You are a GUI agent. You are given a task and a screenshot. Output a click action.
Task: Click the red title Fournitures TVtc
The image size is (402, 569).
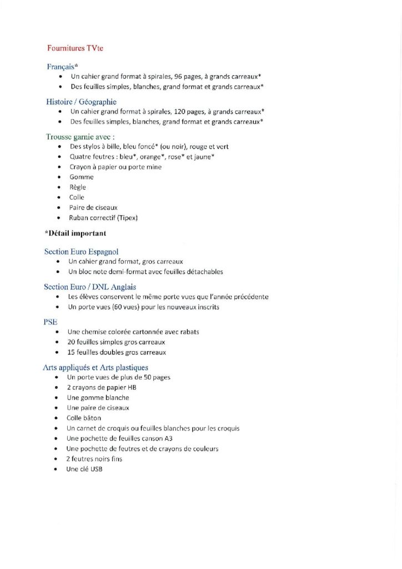pyautogui.click(x=75, y=48)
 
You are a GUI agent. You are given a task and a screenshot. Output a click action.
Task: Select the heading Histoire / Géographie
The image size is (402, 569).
pyautogui.click(x=81, y=102)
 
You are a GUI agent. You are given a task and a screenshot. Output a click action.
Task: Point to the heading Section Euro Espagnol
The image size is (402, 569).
pyautogui.click(x=81, y=252)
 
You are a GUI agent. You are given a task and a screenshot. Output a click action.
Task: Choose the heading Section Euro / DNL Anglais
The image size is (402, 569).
pyautogui.click(x=90, y=287)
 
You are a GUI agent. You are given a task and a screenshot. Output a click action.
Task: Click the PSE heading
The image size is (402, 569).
pyautogui.click(x=50, y=322)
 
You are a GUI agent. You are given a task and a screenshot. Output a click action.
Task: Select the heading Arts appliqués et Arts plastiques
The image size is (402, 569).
pyautogui.click(x=96, y=367)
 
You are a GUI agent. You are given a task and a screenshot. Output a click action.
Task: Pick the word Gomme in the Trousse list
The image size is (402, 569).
pyautogui.click(x=82, y=177)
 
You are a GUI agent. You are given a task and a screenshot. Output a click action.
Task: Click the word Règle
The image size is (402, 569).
pyautogui.click(x=78, y=187)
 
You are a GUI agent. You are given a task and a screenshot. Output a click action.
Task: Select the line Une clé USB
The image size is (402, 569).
pyautogui.click(x=84, y=469)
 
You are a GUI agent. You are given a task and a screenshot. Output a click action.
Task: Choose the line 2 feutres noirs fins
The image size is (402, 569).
pyautogui.click(x=94, y=459)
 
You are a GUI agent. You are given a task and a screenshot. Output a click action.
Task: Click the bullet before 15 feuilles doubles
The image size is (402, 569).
pyautogui.click(x=57, y=352)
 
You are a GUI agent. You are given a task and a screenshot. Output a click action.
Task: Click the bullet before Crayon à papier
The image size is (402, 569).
pyautogui.click(x=59, y=167)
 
